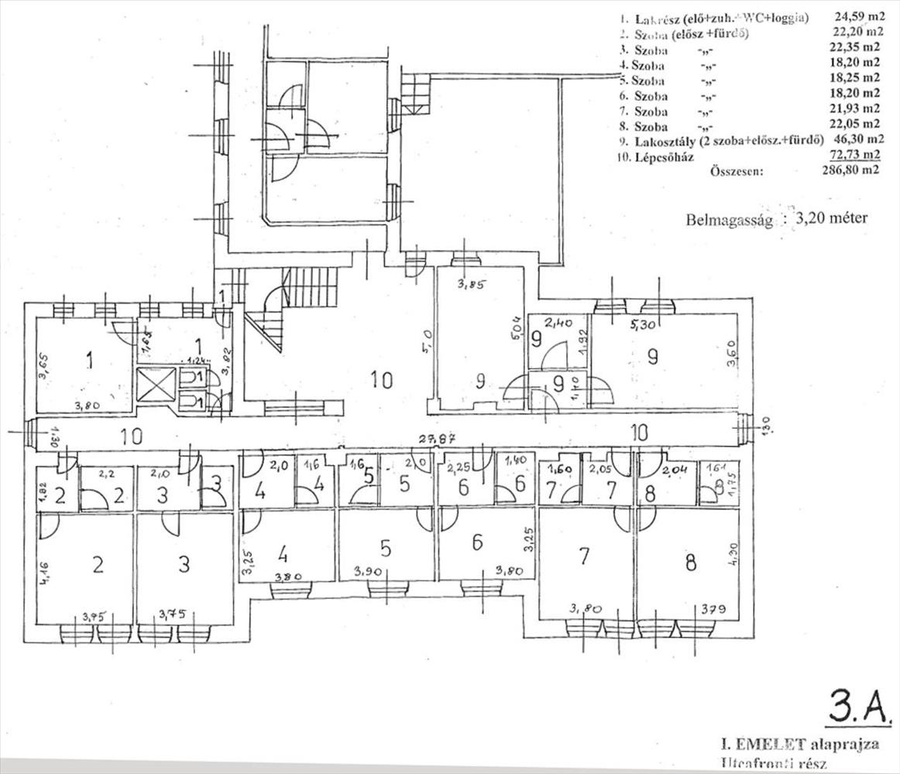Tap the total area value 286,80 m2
click(850, 172)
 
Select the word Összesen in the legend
click(737, 172)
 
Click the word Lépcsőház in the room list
click(664, 157)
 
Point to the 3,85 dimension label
click(469, 284)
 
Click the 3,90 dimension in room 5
click(366, 573)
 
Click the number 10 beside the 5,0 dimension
click(381, 379)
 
